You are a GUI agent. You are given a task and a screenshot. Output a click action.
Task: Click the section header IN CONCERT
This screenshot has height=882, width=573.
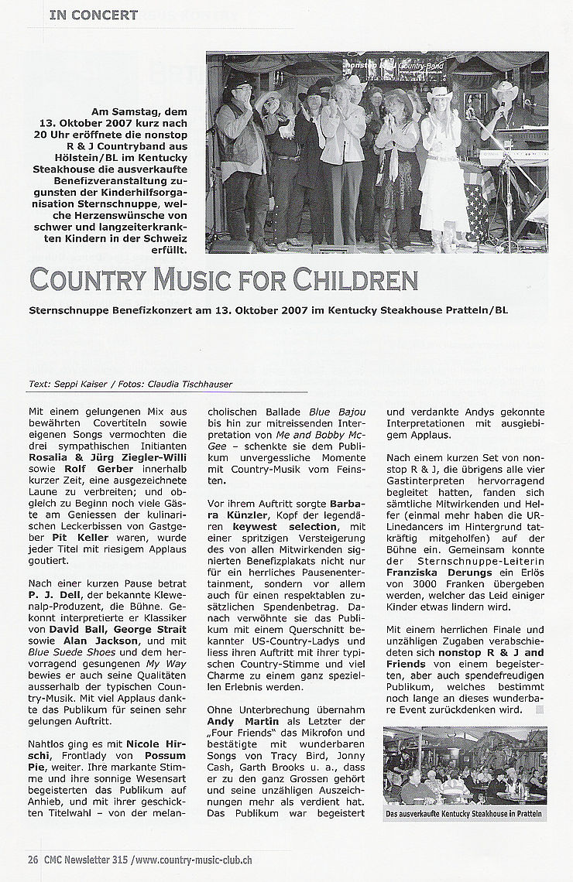click(x=93, y=15)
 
